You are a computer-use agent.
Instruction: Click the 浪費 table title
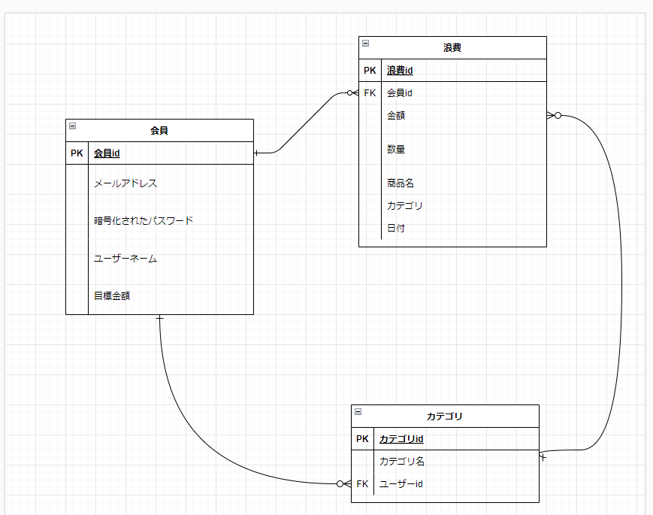point(452,48)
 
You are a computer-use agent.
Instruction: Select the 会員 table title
point(159,131)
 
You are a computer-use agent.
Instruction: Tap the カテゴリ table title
point(444,417)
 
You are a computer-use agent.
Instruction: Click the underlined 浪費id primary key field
point(400,71)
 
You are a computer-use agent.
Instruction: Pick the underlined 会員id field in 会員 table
point(107,153)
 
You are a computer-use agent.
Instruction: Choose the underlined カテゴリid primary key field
point(401,439)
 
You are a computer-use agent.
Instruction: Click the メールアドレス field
point(125,183)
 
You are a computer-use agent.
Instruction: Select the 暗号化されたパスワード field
point(144,221)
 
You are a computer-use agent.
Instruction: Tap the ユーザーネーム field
point(125,259)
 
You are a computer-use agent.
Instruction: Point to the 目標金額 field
point(112,296)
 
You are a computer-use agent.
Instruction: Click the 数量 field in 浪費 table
point(396,150)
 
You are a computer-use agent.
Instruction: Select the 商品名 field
point(401,183)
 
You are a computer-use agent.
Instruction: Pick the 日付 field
point(396,229)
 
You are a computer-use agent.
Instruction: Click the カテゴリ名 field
point(402,462)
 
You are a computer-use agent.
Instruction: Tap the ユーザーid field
point(401,484)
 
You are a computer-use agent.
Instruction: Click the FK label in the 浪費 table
point(370,93)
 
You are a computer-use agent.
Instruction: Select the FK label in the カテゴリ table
point(362,484)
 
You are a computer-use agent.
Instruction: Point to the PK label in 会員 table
point(77,153)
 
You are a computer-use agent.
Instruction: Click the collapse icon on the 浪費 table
point(365,44)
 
